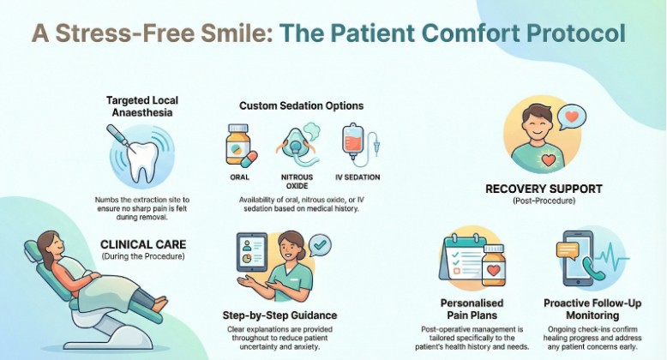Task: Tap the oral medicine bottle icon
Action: (238, 145)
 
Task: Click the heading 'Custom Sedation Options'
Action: (300, 105)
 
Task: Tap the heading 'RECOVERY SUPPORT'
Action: (544, 188)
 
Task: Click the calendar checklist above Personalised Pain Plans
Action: (465, 257)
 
